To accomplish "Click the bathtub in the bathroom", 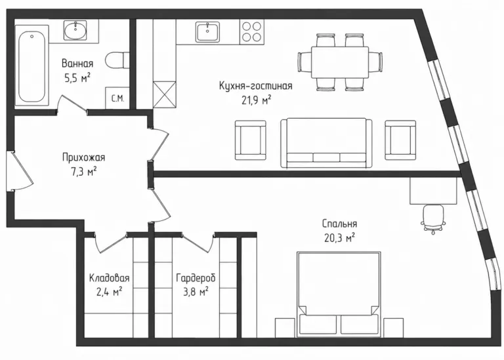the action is click(x=31, y=68).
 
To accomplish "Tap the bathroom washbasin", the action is click(x=75, y=31).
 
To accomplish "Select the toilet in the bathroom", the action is click(x=117, y=60).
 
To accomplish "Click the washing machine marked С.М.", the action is click(x=117, y=98).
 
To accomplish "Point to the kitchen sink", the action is click(x=207, y=31).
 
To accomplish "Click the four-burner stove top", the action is click(x=252, y=31).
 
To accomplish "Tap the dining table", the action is click(x=340, y=62).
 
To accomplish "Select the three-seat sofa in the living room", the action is click(x=326, y=143).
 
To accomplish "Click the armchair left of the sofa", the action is click(x=251, y=140).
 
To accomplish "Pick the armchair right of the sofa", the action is click(x=400, y=140).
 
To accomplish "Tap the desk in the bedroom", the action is click(x=433, y=191).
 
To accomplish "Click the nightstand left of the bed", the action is click(x=285, y=328).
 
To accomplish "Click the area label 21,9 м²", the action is click(x=256, y=100).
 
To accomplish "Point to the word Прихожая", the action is click(x=83, y=157).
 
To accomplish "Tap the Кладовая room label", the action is click(x=110, y=277).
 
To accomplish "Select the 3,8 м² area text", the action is click(x=196, y=292).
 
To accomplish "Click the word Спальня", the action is click(x=339, y=224).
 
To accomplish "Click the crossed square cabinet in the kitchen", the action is click(x=165, y=94).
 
